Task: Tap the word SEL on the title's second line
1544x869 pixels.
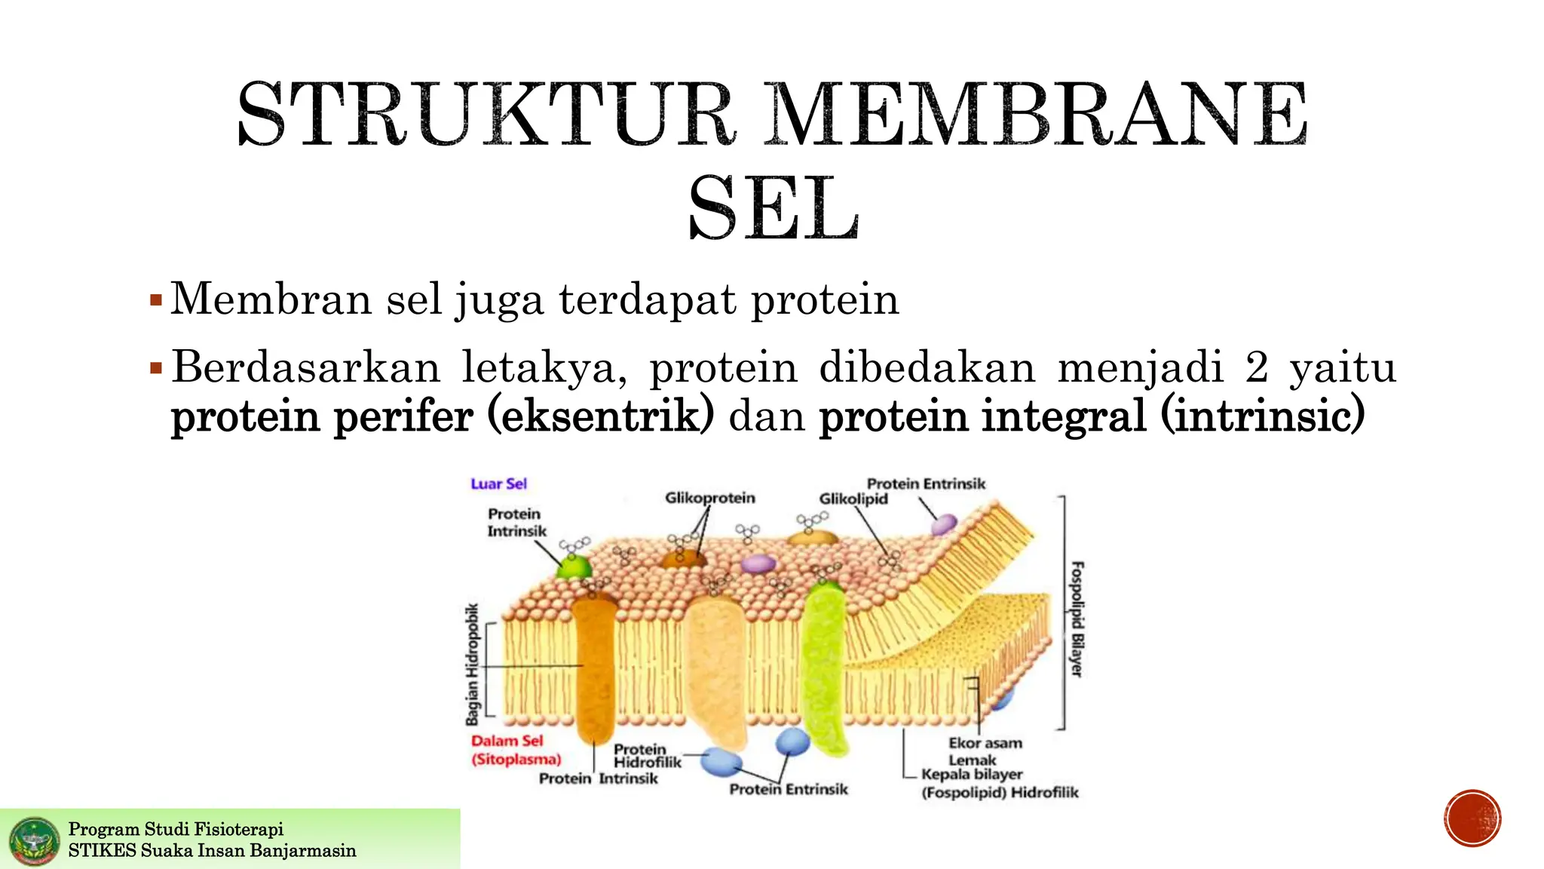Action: [774, 208]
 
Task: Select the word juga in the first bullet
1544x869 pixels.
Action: [498, 299]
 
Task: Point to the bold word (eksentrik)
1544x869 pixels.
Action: [600, 416]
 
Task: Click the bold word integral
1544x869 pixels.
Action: [1058, 416]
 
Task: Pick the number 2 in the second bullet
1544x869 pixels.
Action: [1257, 367]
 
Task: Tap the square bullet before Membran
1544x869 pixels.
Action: [156, 300]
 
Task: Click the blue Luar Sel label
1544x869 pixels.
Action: [498, 484]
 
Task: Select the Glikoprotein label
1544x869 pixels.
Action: [709, 498]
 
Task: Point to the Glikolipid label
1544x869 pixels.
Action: [853, 499]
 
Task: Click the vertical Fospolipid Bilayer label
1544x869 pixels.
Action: [1078, 619]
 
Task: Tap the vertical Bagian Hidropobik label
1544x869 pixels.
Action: [472, 664]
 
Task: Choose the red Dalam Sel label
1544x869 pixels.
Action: [507, 741]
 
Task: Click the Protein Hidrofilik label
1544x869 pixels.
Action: [646, 755]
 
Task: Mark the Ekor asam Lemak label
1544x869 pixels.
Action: [984, 751]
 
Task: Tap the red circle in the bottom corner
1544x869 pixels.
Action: [1473, 818]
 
